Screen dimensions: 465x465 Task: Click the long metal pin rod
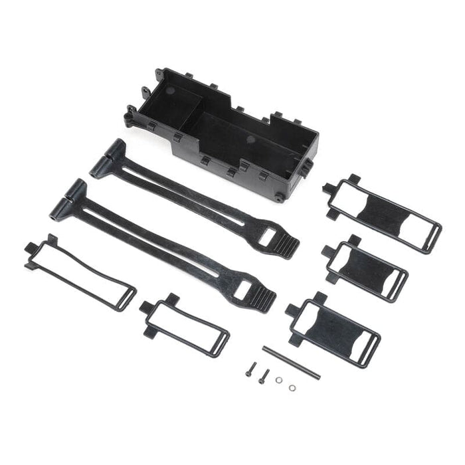click(x=291, y=362)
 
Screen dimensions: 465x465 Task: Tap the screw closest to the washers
click(x=262, y=376)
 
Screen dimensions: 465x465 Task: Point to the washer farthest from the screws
click(x=292, y=387)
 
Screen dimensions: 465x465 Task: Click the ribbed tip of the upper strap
click(x=284, y=246)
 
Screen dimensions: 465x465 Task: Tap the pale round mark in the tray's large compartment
click(x=251, y=140)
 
